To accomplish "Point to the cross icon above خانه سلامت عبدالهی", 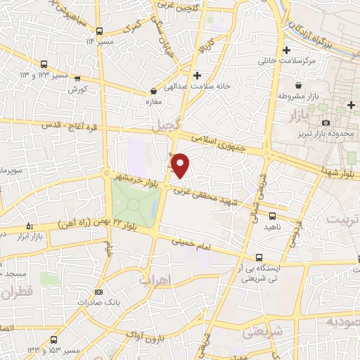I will pyautogui.click(x=197, y=75).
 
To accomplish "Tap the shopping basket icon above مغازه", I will pyautogui.click(x=153, y=91).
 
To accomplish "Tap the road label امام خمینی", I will pyautogui.click(x=195, y=245).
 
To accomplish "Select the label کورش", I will pyautogui.click(x=77, y=89).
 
